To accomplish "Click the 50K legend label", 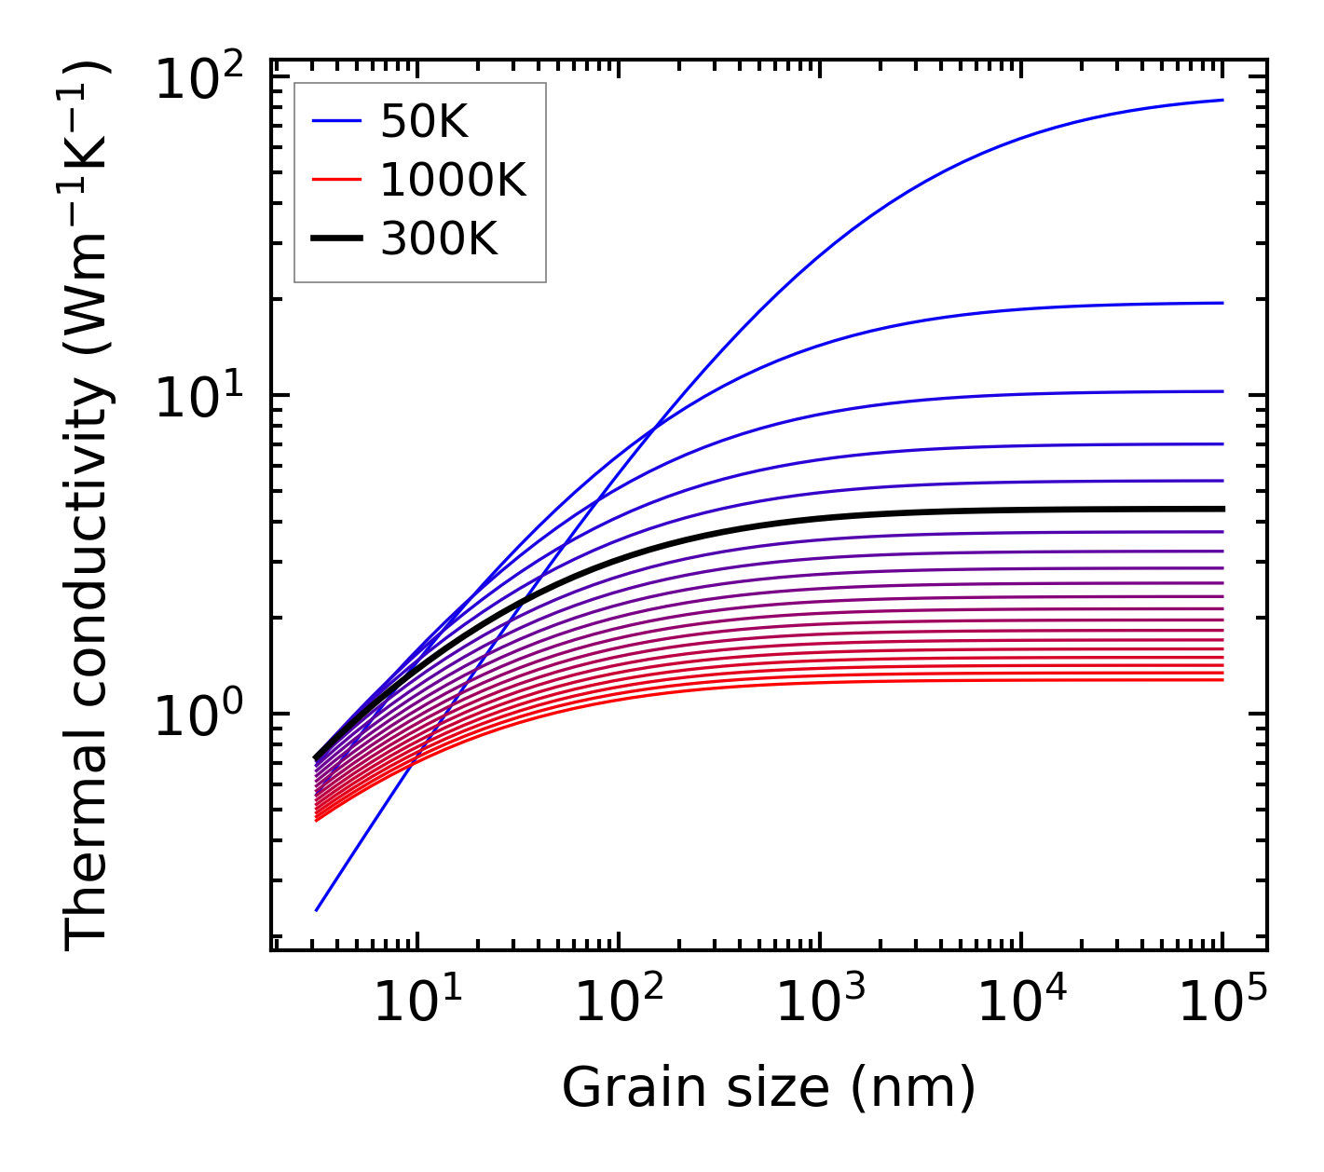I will tap(424, 121).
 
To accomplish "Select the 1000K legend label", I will tap(453, 180).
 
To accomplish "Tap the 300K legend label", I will tap(439, 239).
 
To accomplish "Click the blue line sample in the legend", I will tap(335, 121).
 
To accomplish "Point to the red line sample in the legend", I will tap(335, 180).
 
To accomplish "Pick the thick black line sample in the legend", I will tap(335, 239).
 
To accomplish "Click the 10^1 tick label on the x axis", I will tap(417, 1001).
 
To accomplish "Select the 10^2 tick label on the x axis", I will tap(620, 1001).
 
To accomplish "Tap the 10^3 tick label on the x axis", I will tap(821, 1001).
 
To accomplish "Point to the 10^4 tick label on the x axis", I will tap(1022, 1001).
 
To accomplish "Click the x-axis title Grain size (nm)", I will tap(769, 1087).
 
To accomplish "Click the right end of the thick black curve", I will tap(1222, 509).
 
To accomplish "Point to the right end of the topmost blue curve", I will tap(1222, 100).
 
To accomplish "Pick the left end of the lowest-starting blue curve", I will tap(317, 910).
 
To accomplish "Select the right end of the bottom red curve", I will tap(1222, 680).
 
